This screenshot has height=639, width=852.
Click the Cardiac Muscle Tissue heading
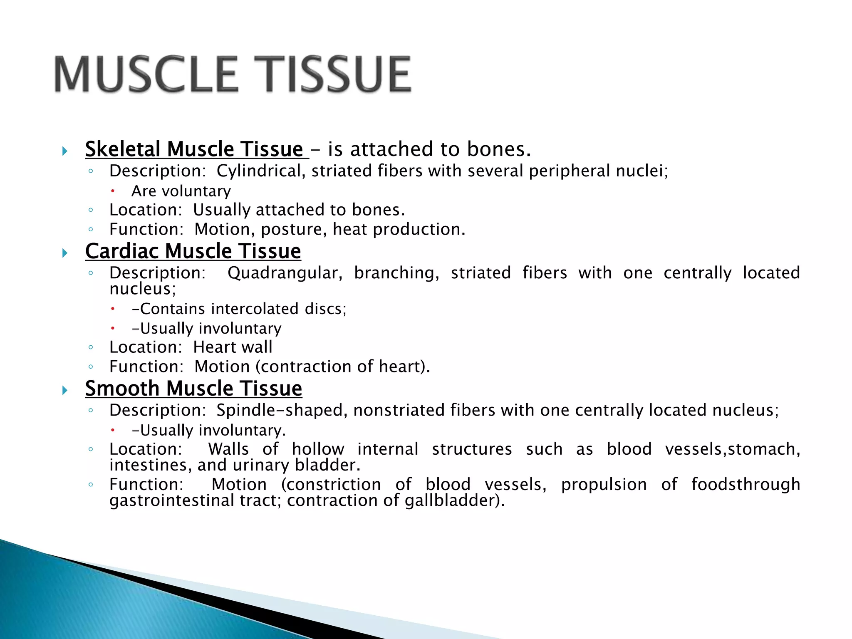(x=193, y=251)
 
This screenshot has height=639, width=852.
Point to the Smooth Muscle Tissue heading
(x=193, y=389)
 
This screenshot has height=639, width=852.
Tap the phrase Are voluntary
(x=181, y=191)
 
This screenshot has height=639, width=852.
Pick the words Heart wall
(x=233, y=347)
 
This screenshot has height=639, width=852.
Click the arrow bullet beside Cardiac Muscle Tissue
(x=65, y=253)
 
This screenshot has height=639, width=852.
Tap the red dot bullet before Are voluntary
(x=112, y=191)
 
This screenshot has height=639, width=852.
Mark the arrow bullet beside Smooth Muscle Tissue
(x=65, y=390)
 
